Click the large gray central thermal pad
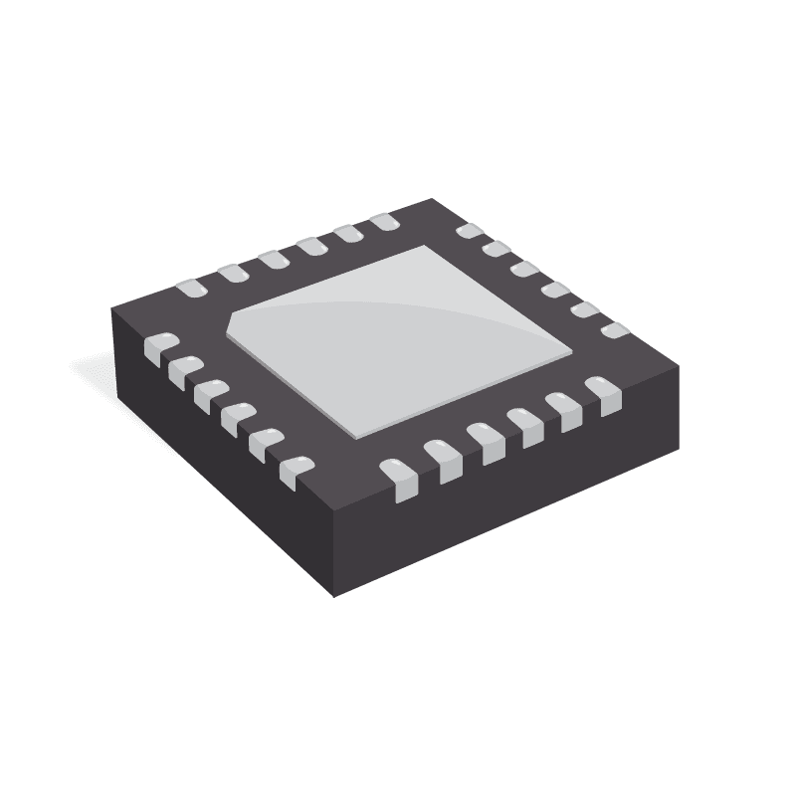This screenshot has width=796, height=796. tap(398, 338)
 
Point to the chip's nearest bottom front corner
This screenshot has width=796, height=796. tap(333, 595)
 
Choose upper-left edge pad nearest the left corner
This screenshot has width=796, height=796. tap(189, 288)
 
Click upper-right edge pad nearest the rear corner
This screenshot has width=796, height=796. tap(468, 233)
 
